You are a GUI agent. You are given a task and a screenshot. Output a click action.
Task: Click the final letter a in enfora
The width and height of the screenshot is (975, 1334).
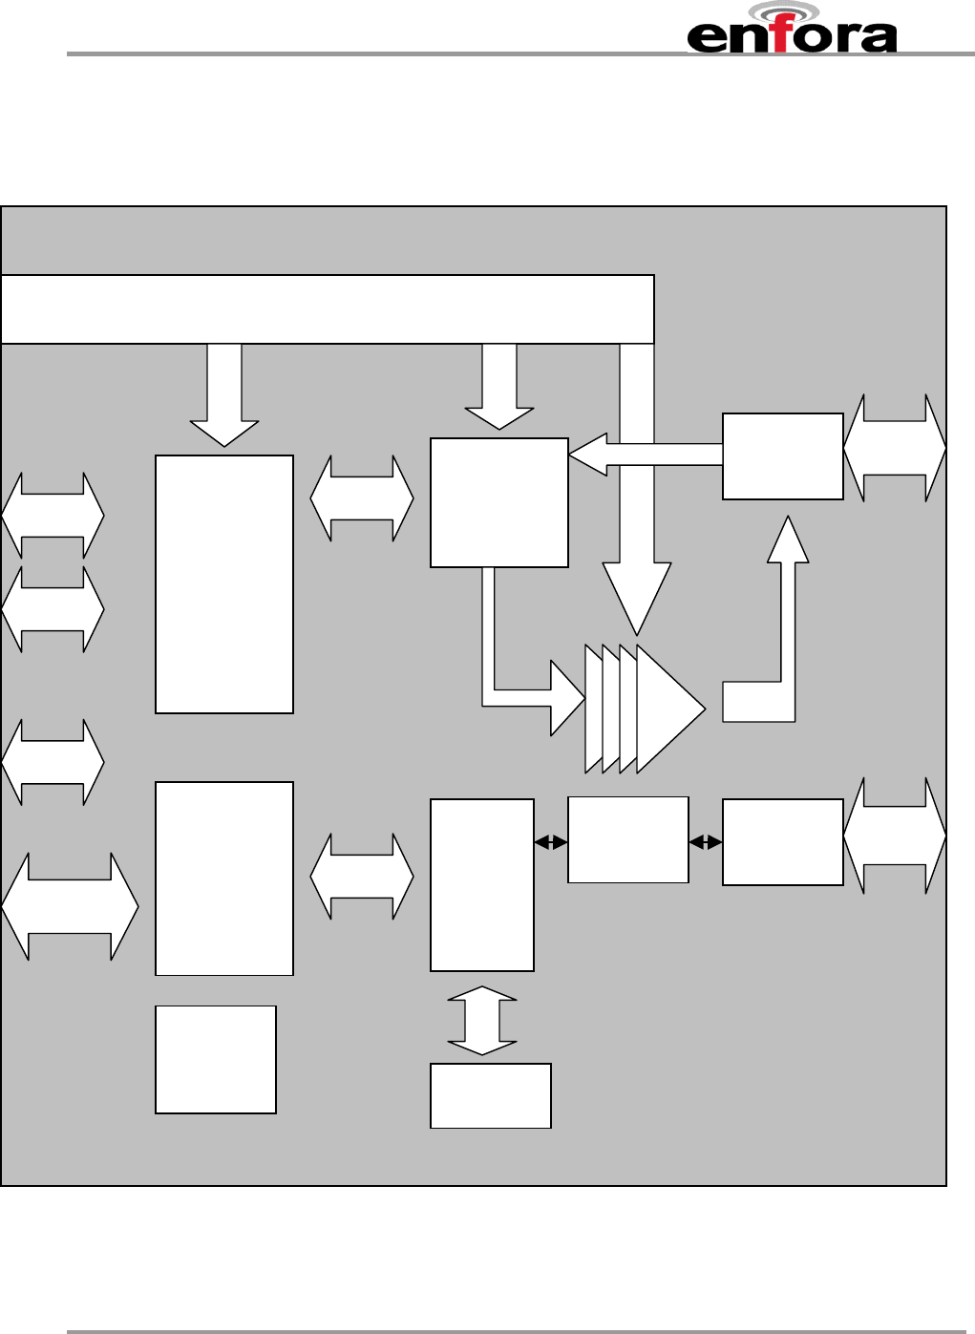(x=879, y=38)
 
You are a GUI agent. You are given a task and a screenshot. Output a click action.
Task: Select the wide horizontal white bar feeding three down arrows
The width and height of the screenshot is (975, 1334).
(x=327, y=309)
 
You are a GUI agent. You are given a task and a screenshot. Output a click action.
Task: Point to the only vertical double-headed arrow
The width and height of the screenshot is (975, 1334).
(x=482, y=1021)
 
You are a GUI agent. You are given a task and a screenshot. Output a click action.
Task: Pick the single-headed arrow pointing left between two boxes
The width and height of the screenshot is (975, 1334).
(x=646, y=455)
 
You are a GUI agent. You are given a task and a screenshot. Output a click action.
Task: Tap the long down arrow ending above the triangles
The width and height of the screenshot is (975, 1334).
(x=637, y=497)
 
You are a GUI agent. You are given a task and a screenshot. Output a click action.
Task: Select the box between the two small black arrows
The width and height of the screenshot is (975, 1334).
(x=628, y=840)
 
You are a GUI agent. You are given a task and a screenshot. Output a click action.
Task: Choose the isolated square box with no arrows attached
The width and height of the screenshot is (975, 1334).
(x=216, y=1059)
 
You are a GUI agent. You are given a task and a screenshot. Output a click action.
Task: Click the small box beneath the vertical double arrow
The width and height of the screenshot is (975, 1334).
(x=491, y=1095)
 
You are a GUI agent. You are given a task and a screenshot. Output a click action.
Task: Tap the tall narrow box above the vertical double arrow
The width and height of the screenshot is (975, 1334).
(x=482, y=885)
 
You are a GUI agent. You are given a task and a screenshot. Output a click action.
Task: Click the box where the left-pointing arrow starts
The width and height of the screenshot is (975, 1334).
(x=783, y=456)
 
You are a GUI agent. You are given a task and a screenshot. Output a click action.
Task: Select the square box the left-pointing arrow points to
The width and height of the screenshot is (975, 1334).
(x=499, y=503)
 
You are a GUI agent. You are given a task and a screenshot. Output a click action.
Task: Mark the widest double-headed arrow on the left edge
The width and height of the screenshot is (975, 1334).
(x=70, y=906)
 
